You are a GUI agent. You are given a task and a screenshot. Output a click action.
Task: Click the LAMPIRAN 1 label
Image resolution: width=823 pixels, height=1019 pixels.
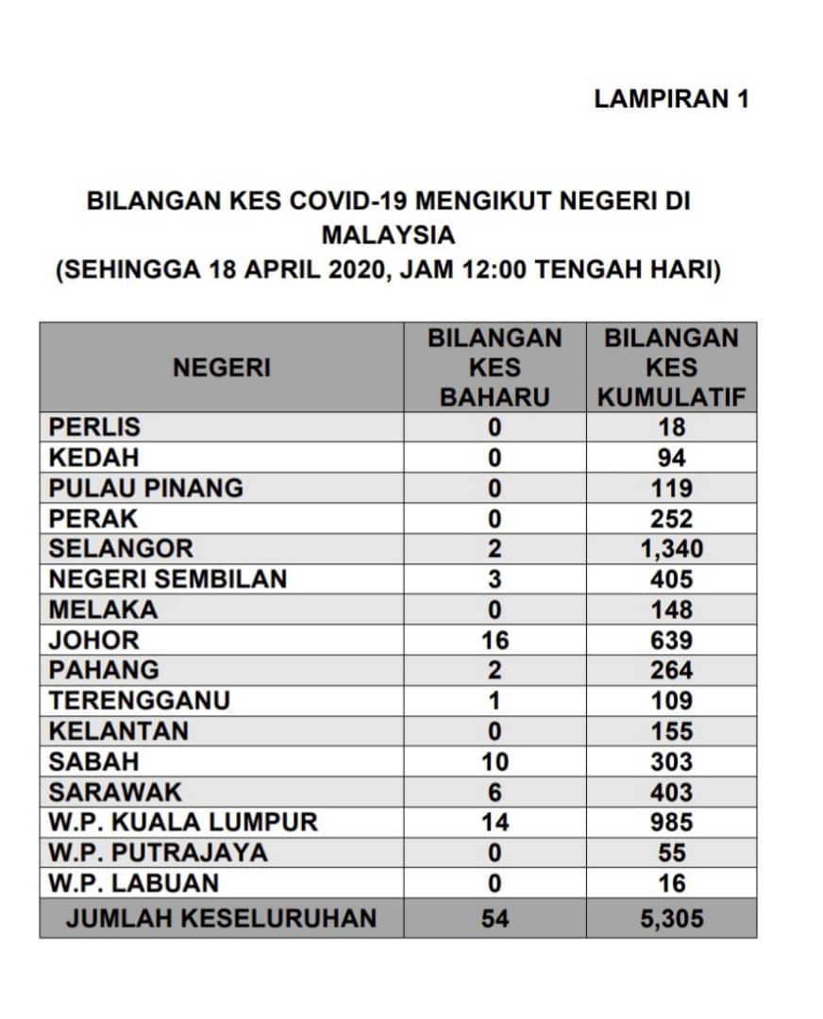tap(671, 99)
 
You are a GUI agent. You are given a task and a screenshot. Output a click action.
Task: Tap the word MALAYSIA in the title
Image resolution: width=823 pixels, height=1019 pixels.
tap(388, 235)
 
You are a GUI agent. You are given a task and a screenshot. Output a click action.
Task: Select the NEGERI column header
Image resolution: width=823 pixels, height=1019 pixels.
tap(222, 368)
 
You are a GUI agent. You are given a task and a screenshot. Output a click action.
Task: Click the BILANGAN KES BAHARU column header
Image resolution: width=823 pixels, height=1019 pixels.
tap(495, 368)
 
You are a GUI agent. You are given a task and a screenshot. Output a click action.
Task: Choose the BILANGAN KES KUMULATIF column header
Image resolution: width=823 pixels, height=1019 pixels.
tap(672, 368)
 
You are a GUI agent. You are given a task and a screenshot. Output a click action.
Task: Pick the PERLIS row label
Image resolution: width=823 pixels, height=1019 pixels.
tap(94, 427)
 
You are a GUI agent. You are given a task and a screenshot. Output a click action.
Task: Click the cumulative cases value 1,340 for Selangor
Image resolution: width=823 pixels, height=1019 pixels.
tap(672, 549)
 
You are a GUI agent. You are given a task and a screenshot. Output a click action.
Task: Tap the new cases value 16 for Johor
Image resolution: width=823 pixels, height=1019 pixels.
tap(495, 641)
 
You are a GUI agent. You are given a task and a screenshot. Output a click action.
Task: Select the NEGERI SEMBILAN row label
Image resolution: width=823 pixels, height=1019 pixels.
tap(168, 579)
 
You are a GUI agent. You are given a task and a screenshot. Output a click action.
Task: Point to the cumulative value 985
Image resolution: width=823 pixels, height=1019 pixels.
tap(672, 823)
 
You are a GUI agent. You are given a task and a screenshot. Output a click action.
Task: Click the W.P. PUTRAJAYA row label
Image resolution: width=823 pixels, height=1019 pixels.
tap(159, 853)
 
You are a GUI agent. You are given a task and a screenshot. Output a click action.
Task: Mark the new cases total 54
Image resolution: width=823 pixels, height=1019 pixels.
tap(495, 917)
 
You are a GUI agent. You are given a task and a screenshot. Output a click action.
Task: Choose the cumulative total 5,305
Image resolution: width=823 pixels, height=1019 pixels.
tap(672, 917)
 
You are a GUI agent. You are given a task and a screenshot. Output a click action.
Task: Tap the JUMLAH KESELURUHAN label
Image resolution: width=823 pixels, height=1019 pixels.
tap(222, 917)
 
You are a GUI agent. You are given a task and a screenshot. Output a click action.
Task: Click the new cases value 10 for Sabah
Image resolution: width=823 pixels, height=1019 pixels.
tap(495, 761)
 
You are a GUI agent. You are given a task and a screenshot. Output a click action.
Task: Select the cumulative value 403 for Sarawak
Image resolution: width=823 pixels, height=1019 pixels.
tap(672, 793)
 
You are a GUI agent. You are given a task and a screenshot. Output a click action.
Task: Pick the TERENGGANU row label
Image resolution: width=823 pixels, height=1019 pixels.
tap(140, 701)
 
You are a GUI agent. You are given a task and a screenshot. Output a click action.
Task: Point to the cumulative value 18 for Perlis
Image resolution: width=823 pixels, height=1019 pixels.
tap(672, 427)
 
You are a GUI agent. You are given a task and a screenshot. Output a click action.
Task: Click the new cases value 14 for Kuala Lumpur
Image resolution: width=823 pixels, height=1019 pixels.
tap(495, 823)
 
